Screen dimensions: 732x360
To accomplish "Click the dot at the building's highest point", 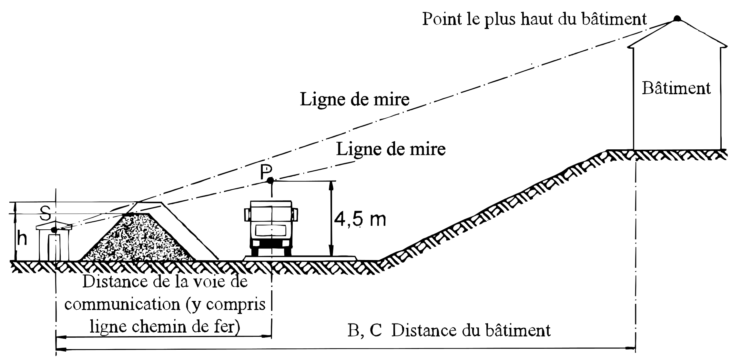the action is coord(677,18).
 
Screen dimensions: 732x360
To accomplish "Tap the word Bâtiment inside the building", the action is coord(676,88).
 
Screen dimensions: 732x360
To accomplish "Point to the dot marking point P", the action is coord(270,181).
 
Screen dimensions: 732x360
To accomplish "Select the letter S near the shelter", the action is coord(46,213).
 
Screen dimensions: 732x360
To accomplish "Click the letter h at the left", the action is coord(22,239).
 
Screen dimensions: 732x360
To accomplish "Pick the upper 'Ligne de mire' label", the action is coord(355,99).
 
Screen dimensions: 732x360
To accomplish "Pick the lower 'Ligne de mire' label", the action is coord(391,149).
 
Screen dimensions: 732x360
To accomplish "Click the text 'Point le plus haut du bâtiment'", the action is coord(534,19).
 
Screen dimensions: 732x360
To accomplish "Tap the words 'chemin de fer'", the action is coord(186,327).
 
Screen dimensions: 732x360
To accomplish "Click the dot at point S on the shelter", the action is coord(54,230).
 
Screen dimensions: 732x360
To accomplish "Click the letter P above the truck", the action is coord(266,173).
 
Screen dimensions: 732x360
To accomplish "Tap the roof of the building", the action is coord(677,32).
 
